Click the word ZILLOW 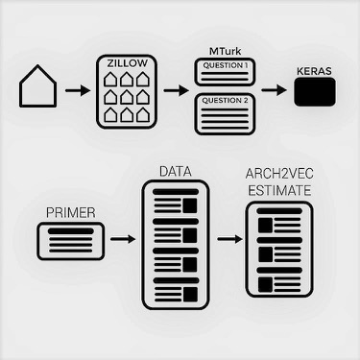click(128, 63)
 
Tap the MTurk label click(225, 51)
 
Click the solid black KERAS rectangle click(315, 92)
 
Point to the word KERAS click(314, 71)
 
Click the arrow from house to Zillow click(78, 90)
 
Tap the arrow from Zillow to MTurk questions click(176, 90)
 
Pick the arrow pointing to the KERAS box click(275, 90)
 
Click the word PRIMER click(71, 212)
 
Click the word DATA click(176, 172)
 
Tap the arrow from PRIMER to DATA click(123, 239)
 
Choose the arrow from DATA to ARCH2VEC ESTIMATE click(229, 239)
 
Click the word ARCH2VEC click(279, 174)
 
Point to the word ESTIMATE click(279, 191)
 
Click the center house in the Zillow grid click(127, 97)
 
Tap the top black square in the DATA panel click(190, 205)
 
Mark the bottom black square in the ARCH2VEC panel click(265, 284)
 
